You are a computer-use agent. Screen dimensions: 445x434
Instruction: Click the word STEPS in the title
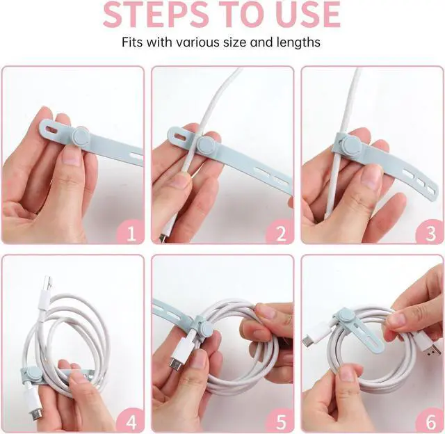[x=156, y=14]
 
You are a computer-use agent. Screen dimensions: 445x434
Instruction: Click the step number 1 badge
[x=131, y=233]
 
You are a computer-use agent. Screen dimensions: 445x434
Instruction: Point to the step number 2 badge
[x=280, y=233]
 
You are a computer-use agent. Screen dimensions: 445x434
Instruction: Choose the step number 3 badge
[x=430, y=233]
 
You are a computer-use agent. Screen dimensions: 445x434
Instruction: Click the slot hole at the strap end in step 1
[x=52, y=130]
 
